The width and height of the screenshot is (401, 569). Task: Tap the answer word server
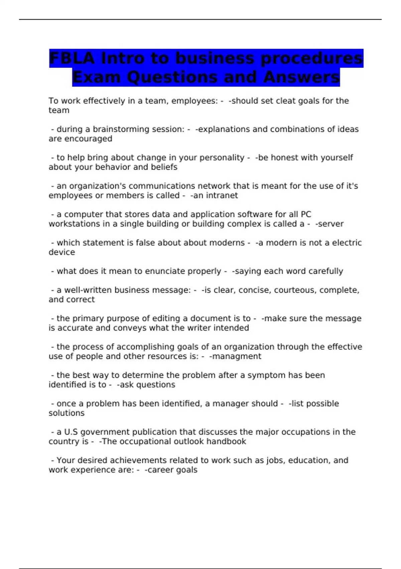tap(331, 224)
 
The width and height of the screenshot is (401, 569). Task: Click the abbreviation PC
tap(306, 214)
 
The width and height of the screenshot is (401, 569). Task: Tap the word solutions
tap(66, 413)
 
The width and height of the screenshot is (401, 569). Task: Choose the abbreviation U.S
tap(71, 432)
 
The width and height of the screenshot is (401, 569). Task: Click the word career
tap(159, 470)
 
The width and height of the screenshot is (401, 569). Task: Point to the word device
tap(62, 252)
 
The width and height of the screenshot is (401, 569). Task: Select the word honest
tap(285, 158)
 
